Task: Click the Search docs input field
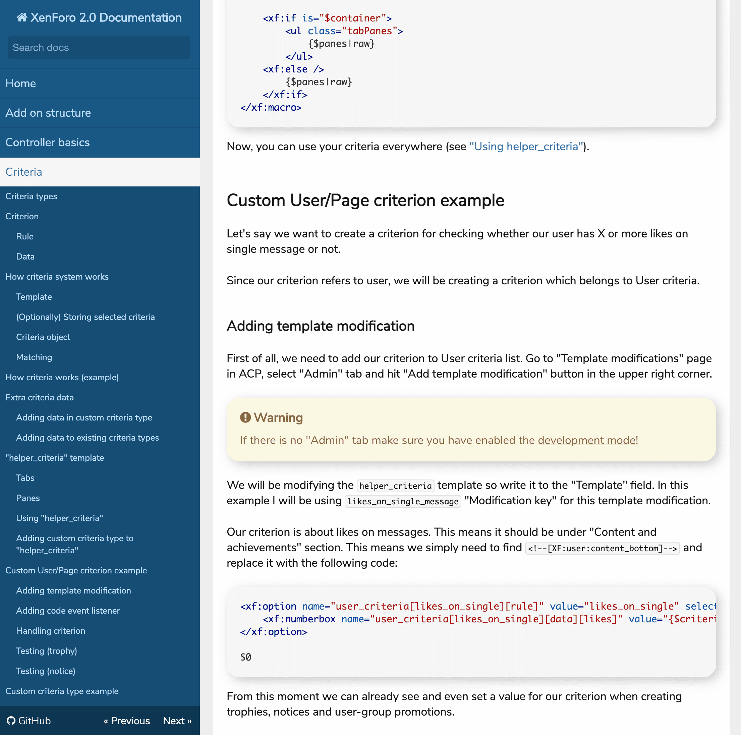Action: click(x=99, y=48)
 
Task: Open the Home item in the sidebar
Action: click(x=21, y=83)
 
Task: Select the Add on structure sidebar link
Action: click(x=48, y=113)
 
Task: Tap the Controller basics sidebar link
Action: click(x=48, y=142)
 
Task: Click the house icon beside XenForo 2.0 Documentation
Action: click(x=22, y=17)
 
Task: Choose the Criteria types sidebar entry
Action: click(x=31, y=196)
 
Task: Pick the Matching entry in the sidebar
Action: click(x=34, y=357)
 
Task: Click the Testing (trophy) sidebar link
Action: click(x=46, y=651)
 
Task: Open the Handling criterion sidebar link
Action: click(x=51, y=631)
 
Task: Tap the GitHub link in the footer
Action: click(x=29, y=721)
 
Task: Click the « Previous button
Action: click(x=126, y=721)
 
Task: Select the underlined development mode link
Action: click(x=586, y=440)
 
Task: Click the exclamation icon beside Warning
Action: click(x=245, y=417)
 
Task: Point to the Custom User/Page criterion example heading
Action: click(x=365, y=200)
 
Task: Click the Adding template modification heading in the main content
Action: click(x=320, y=326)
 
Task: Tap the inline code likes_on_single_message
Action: click(x=403, y=501)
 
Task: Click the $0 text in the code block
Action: click(x=245, y=657)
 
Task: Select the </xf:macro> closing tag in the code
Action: click(x=271, y=107)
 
